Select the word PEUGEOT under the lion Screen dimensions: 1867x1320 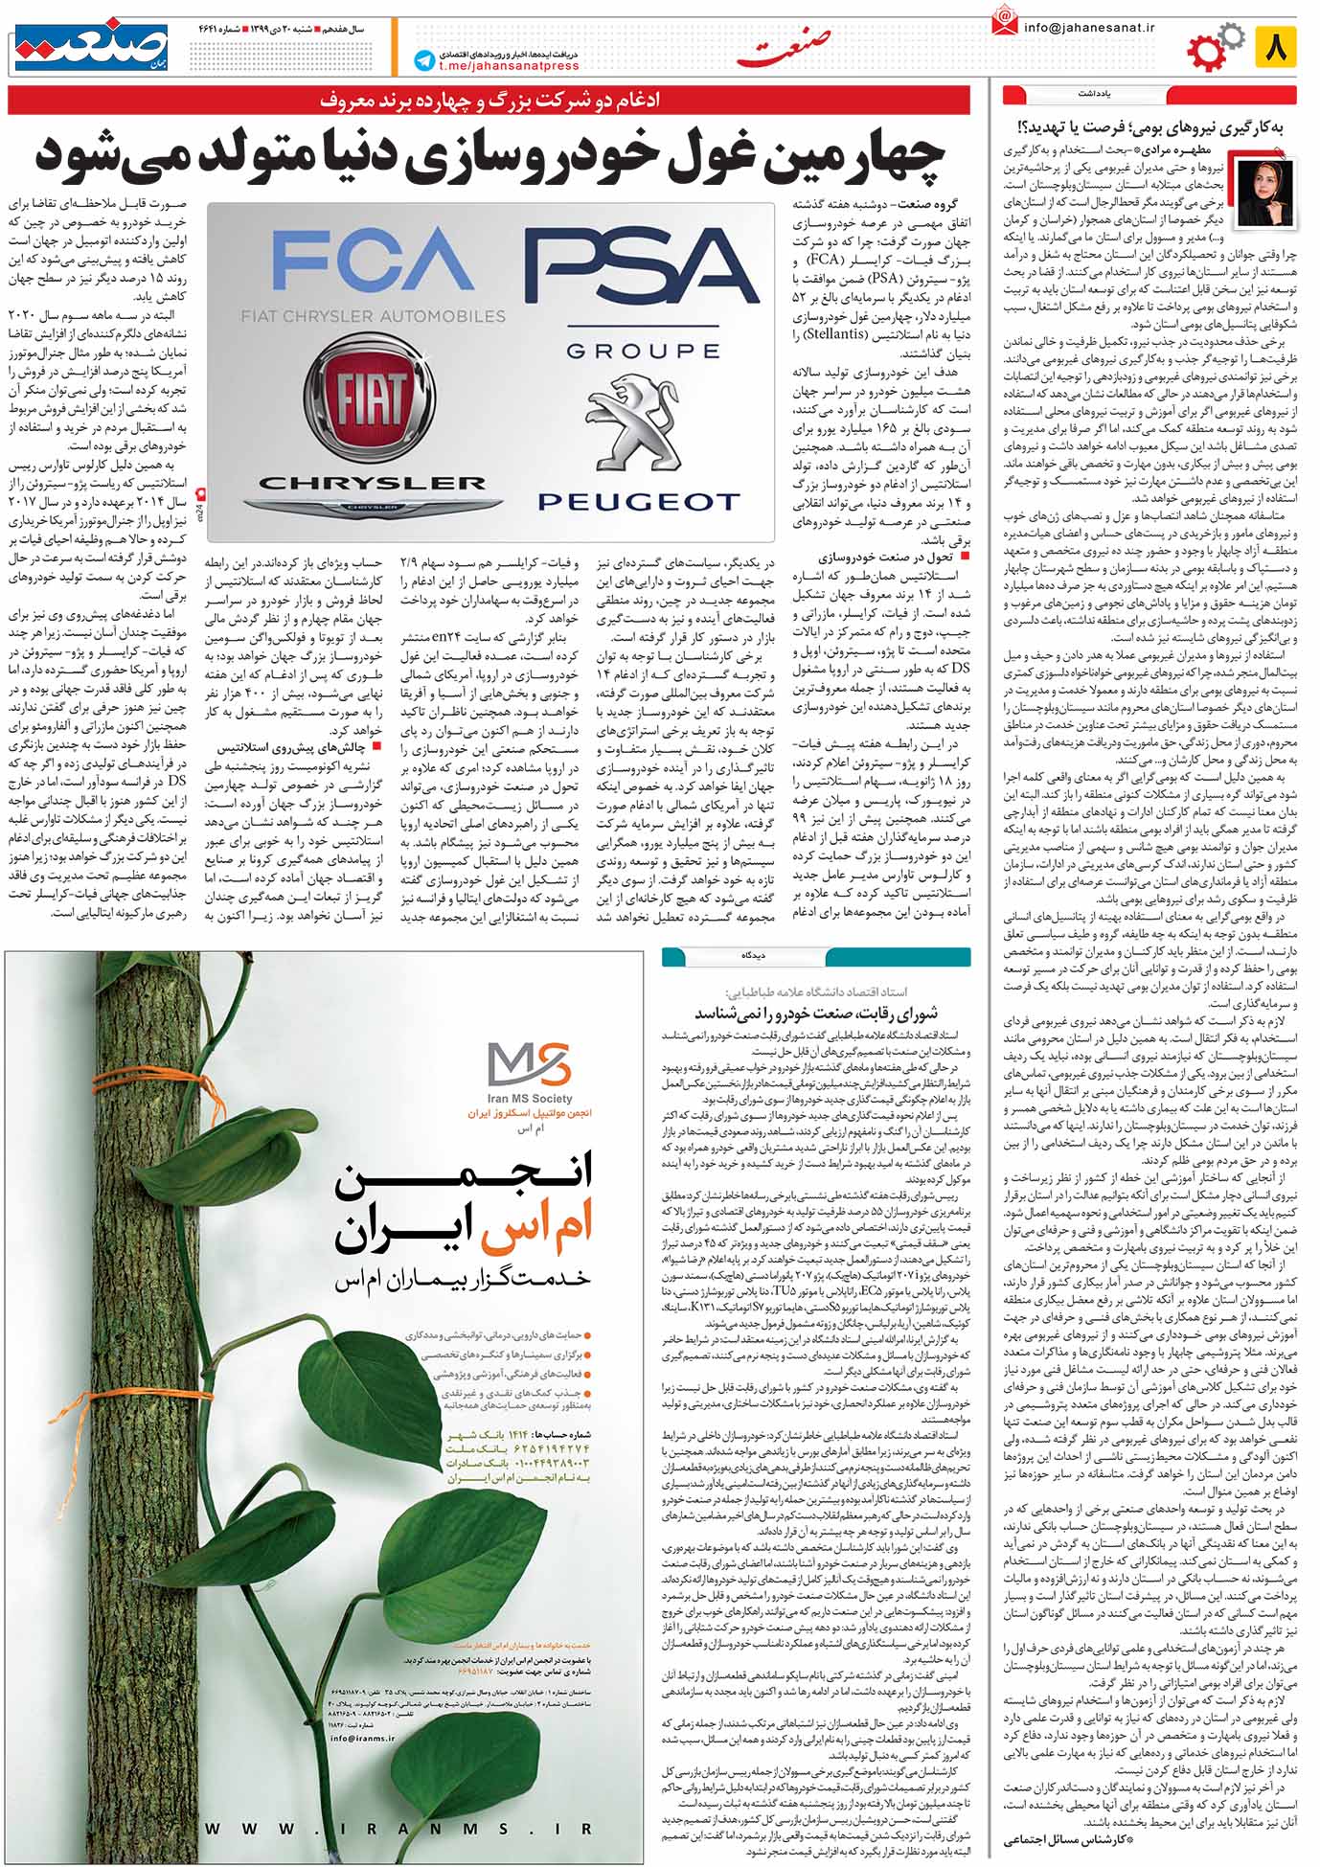point(638,501)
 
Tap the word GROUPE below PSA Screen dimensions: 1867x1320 point(643,351)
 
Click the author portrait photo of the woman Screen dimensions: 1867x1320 point(1266,193)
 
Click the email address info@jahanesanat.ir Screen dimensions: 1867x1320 point(1089,28)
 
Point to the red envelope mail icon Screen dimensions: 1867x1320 point(1004,23)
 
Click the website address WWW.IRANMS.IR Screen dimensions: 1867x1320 point(398,1829)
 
